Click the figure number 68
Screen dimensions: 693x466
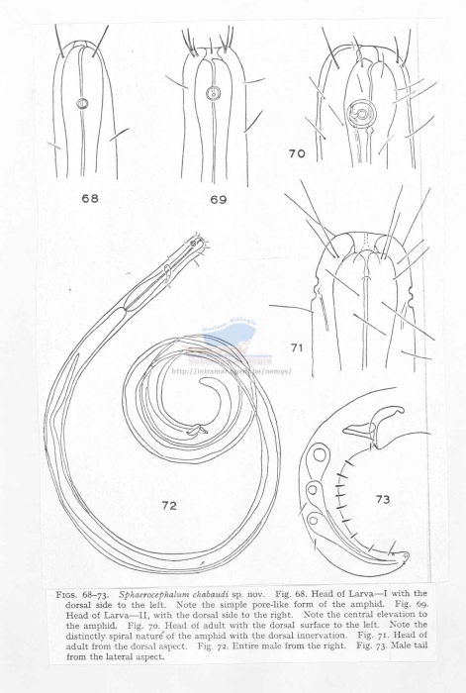pyautogui.click(x=90, y=198)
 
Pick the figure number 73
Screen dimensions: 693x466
pyautogui.click(x=383, y=500)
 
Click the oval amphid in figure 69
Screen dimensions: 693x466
pyautogui.click(x=211, y=96)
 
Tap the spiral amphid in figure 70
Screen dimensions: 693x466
pyautogui.click(x=364, y=115)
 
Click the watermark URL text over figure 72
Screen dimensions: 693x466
pyautogui.click(x=227, y=372)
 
